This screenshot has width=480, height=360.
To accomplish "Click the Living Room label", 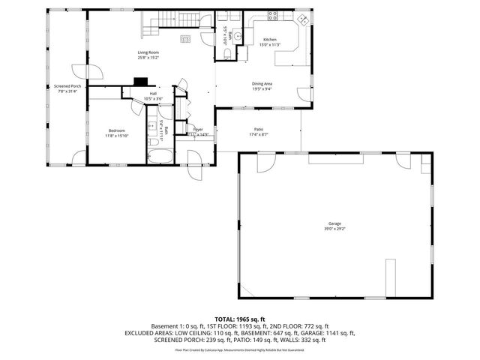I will point(148,52).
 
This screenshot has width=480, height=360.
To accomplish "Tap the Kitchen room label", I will point(270,39).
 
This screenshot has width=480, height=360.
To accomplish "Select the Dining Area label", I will point(262,84).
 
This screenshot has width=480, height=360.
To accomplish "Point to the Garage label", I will point(334,223).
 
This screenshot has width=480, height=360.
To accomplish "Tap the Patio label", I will point(258,130).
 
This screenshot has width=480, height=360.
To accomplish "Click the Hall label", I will point(153,94).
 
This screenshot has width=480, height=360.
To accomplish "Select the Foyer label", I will point(198,130).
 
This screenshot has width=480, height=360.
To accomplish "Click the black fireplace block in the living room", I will point(139,84).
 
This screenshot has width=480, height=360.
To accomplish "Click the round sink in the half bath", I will point(236,34).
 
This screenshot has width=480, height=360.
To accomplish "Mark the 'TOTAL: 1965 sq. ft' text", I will point(240,319).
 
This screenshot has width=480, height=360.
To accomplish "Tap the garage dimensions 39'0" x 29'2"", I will point(334,229).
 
